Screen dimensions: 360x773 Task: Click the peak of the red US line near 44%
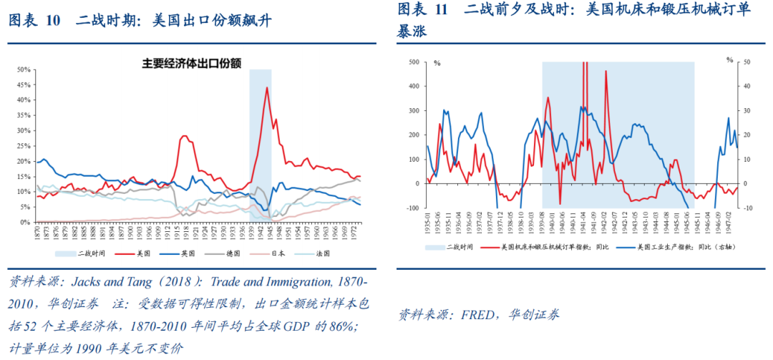click(267, 88)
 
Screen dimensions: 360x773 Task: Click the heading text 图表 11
click(422, 9)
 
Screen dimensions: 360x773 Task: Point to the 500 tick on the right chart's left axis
click(414, 62)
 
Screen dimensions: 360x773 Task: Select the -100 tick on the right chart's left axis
click(412, 208)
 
